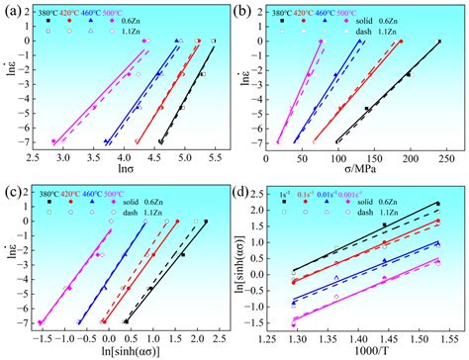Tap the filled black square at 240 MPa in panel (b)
tap(438, 42)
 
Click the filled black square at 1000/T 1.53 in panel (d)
tap(437, 204)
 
